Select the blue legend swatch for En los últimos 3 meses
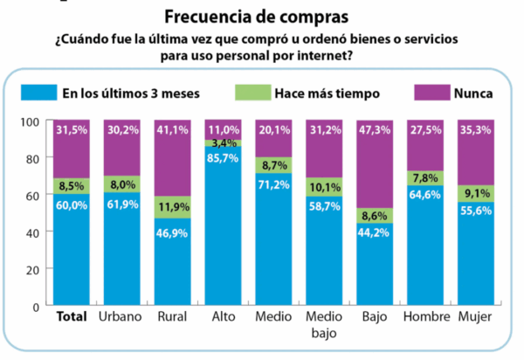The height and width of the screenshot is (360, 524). pos(37,92)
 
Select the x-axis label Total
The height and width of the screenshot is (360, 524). pos(72,316)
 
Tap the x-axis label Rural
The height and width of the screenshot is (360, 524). pos(172,316)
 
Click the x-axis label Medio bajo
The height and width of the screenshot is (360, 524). pos(324,324)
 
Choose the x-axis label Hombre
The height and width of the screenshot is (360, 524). pos(425,316)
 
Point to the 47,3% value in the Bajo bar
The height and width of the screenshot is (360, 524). pos(375,131)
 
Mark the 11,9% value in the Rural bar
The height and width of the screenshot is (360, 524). pos(173,207)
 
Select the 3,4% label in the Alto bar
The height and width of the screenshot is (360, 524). pos(224,142)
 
